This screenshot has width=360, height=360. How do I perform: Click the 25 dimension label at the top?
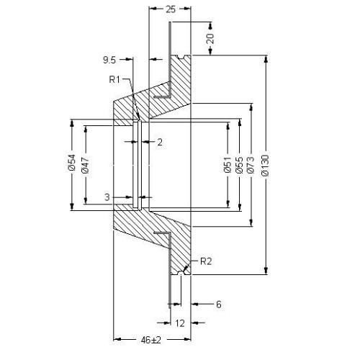(171, 9)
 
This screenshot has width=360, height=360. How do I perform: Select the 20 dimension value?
(210, 38)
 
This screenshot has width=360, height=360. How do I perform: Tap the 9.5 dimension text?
(109, 60)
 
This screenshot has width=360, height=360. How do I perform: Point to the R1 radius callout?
(114, 79)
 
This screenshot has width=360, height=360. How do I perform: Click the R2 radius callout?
(206, 261)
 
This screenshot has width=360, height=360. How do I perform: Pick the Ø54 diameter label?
(72, 163)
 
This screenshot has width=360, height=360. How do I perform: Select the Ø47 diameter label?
(86, 165)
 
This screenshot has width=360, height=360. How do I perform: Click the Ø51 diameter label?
(228, 164)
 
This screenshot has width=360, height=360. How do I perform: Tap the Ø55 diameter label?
(239, 165)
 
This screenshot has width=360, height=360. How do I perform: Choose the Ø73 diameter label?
(251, 165)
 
